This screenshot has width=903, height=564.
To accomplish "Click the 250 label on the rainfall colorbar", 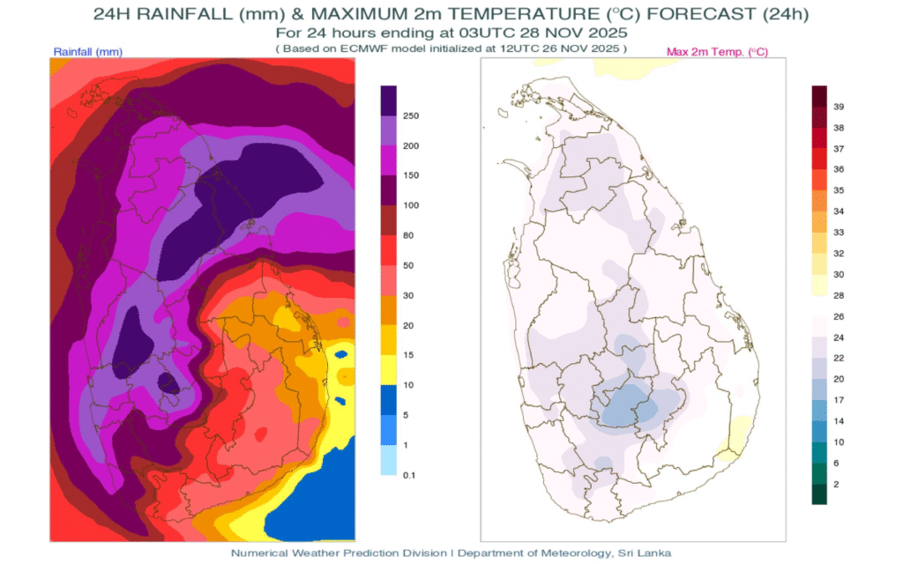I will tap(410, 115).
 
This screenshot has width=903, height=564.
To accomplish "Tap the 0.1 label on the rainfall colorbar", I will tap(408, 475).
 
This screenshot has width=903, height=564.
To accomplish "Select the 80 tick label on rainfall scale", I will tap(408, 235).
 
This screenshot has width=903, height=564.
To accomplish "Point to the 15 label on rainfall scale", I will tap(408, 355).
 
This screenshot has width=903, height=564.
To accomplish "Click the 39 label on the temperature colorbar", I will tap(840, 106).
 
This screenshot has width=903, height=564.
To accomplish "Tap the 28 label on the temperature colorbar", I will tap(840, 295).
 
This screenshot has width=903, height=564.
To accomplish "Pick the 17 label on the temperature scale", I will tap(840, 401).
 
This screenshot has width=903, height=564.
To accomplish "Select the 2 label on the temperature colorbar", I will tap(837, 484).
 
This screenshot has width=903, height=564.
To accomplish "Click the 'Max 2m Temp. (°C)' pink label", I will tap(717, 52).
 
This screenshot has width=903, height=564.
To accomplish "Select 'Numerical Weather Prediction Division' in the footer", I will tap(338, 553).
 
